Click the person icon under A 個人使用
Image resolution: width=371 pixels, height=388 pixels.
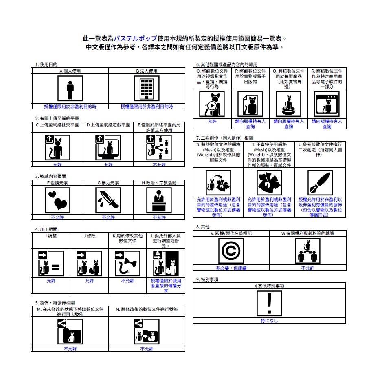pyautogui.click(x=70, y=89)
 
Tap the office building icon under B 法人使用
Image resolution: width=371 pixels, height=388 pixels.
pyautogui.click(x=147, y=89)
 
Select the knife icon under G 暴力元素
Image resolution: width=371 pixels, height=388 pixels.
pyautogui.click(x=108, y=200)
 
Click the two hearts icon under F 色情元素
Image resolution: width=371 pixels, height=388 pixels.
pyautogui.click(x=57, y=200)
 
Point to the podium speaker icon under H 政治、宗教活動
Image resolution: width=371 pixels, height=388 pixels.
pyautogui.click(x=159, y=200)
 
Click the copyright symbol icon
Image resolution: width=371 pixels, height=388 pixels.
pyautogui.click(x=231, y=251)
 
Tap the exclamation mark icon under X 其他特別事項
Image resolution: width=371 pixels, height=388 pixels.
pyautogui.click(x=269, y=303)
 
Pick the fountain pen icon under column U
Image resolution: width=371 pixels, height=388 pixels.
pyautogui.click(x=320, y=182)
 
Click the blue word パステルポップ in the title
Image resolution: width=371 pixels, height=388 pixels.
pyautogui.click(x=135, y=39)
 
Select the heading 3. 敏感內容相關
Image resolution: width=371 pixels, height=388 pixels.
pyautogui.click(x=50, y=176)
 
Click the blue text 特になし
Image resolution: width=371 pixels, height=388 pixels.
pyautogui.click(x=269, y=321)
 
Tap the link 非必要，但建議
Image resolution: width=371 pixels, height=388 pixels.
pyautogui.click(x=231, y=268)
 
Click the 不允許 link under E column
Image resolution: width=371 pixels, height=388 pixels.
pyautogui.click(x=159, y=164)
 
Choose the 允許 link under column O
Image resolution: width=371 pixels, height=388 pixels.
pyautogui.click(x=212, y=121)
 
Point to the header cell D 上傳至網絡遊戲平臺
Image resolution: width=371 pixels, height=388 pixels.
pyautogui.click(x=108, y=125)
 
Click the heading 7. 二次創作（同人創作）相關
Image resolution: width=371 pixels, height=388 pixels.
pyautogui.click(x=224, y=138)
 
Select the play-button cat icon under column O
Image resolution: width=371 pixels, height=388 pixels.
pyautogui.click(x=212, y=104)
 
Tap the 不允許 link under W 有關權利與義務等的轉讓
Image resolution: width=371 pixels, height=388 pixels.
pyautogui.click(x=308, y=268)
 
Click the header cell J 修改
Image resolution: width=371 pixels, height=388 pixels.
pyautogui.click(x=90, y=236)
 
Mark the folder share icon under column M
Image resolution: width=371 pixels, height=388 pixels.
pyautogui.click(x=70, y=331)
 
